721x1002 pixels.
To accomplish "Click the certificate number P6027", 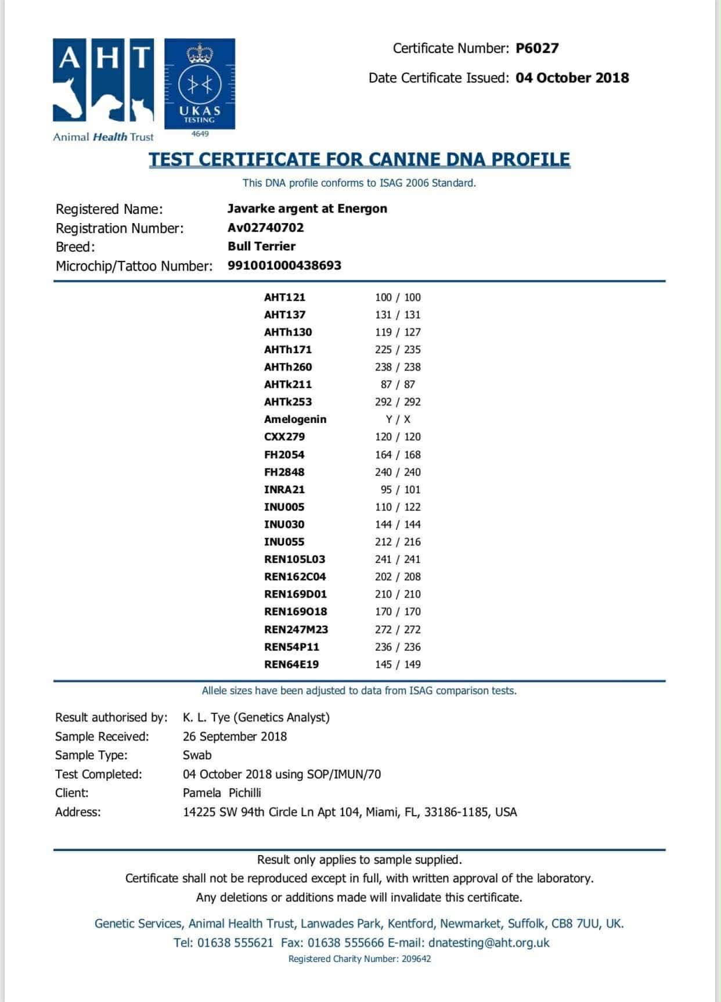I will click(537, 48).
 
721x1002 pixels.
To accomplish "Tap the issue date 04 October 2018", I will click(572, 78).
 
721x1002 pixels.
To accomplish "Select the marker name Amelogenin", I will click(295, 419).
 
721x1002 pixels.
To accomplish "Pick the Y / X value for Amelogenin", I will click(398, 419).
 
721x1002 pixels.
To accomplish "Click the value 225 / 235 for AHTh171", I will click(398, 350).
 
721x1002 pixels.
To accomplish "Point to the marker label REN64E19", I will click(291, 665).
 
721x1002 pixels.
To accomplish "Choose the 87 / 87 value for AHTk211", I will click(398, 385).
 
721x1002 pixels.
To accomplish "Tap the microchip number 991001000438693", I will click(284, 265).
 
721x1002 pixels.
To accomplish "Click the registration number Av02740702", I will click(265, 228).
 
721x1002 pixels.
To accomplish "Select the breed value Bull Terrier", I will click(261, 246).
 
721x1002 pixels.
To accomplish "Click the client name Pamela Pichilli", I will click(222, 793).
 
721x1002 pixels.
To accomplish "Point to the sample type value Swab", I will click(197, 755).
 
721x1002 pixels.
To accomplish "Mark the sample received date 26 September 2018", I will click(235, 737).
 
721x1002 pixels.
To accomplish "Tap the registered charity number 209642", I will click(416, 959).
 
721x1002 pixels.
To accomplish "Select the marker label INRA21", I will click(284, 490).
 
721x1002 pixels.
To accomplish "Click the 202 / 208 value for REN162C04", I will click(398, 577).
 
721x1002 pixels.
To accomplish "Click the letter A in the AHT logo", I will click(69, 59).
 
